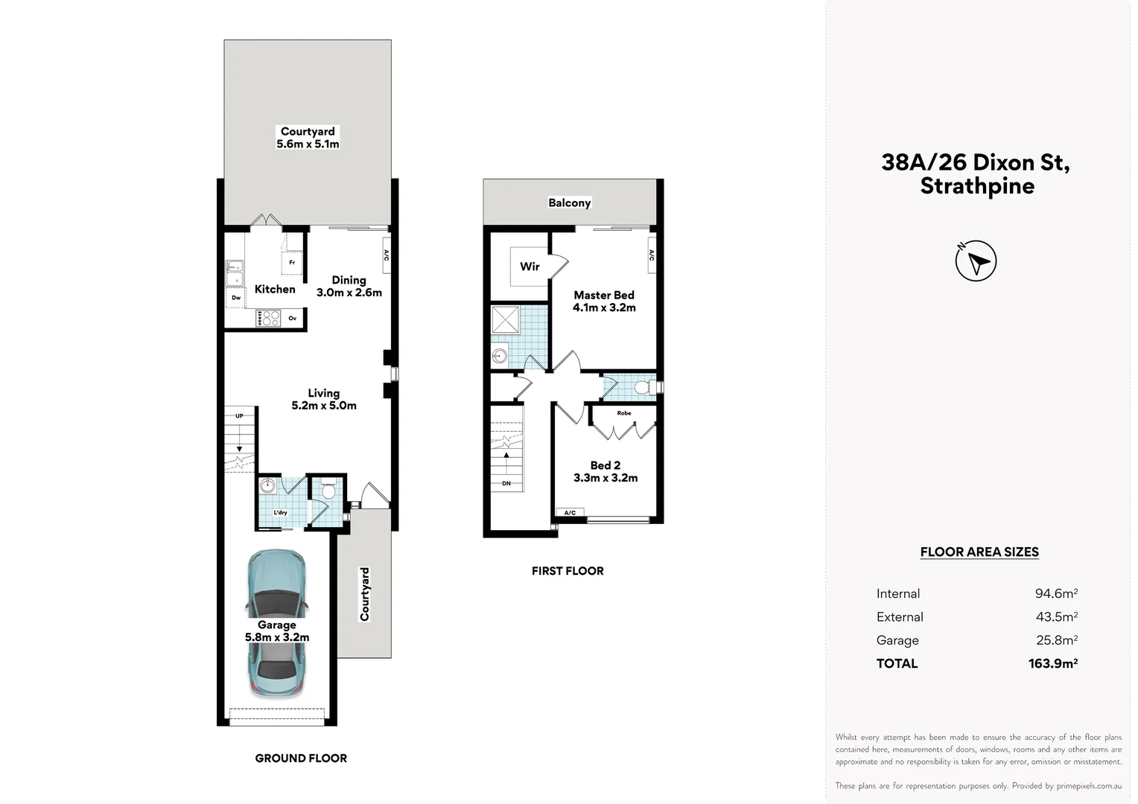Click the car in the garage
click(276, 624)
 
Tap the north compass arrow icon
click(976, 261)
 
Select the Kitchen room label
click(275, 289)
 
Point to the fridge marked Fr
click(292, 262)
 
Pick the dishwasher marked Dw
click(236, 298)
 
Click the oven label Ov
click(293, 319)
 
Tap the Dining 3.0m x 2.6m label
click(349, 287)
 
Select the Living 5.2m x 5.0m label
click(323, 399)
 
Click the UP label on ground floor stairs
click(239, 416)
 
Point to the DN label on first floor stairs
click(506, 484)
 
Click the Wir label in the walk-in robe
click(530, 267)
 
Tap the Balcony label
click(569, 202)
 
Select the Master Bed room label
click(603, 295)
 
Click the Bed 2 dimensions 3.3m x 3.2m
click(605, 478)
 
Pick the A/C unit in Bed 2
click(570, 513)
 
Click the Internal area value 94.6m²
click(1055, 593)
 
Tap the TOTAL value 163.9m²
click(1052, 663)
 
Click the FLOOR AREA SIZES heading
click(979, 552)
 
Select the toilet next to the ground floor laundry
click(328, 491)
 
